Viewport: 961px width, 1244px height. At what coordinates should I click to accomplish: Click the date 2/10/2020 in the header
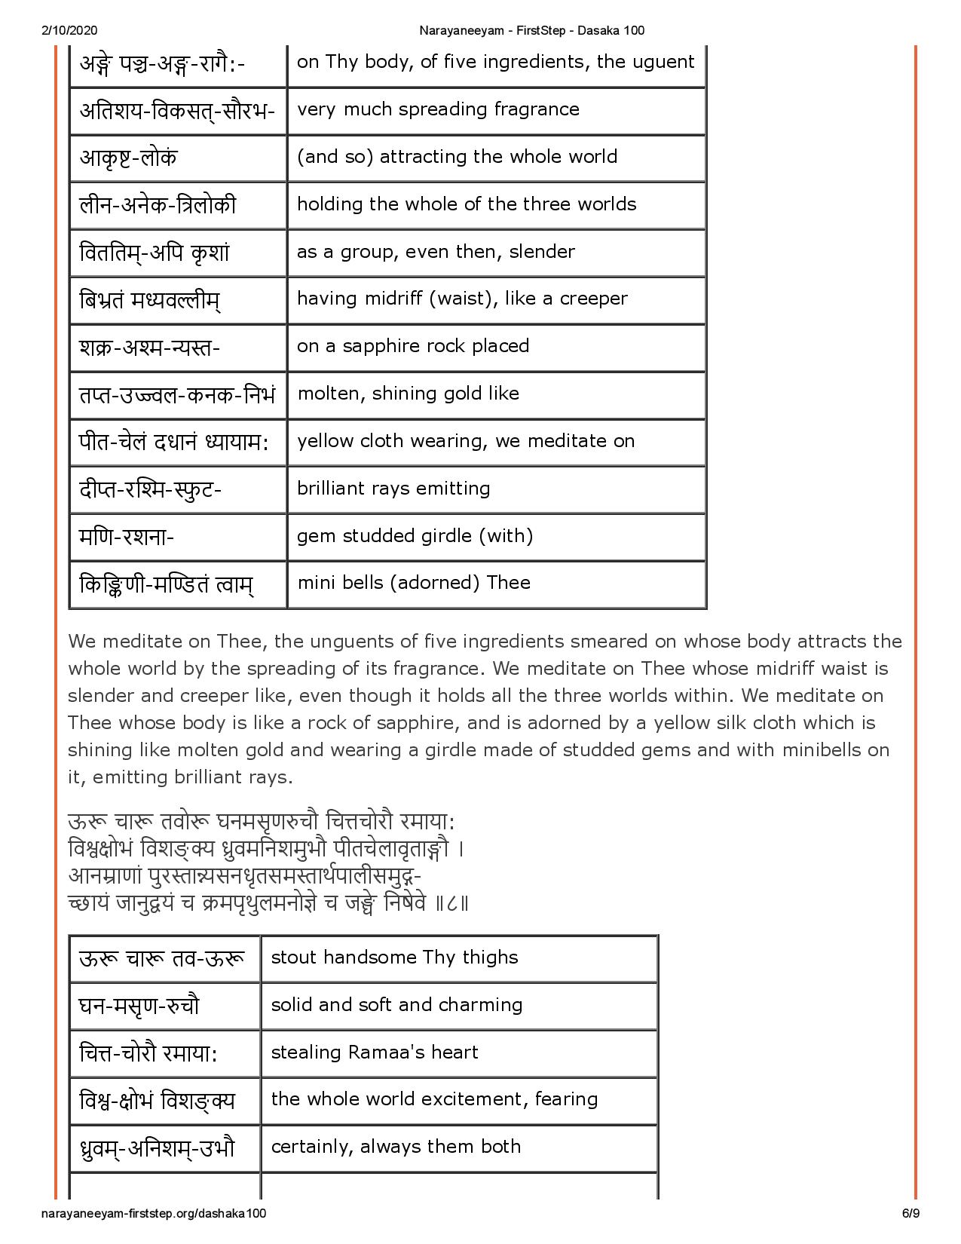point(66,30)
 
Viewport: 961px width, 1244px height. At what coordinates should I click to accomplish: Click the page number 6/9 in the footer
point(910,1213)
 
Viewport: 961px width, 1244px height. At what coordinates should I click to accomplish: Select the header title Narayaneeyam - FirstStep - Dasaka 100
point(531,30)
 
